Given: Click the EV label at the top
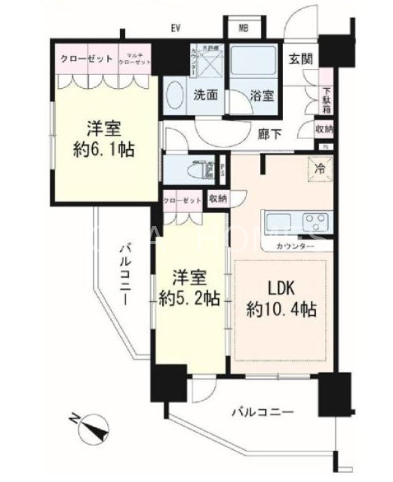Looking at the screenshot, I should tap(177, 29).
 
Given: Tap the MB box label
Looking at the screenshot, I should tap(244, 29).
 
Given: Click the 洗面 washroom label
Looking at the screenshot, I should tap(204, 96).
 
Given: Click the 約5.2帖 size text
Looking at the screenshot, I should tap(189, 297).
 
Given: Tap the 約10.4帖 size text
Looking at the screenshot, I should tap(281, 309).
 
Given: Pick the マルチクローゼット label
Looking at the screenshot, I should tap(136, 59).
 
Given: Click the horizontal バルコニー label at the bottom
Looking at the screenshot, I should tap(261, 411).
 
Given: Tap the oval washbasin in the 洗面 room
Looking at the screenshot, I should tap(174, 98).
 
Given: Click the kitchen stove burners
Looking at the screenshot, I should tap(315, 221).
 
